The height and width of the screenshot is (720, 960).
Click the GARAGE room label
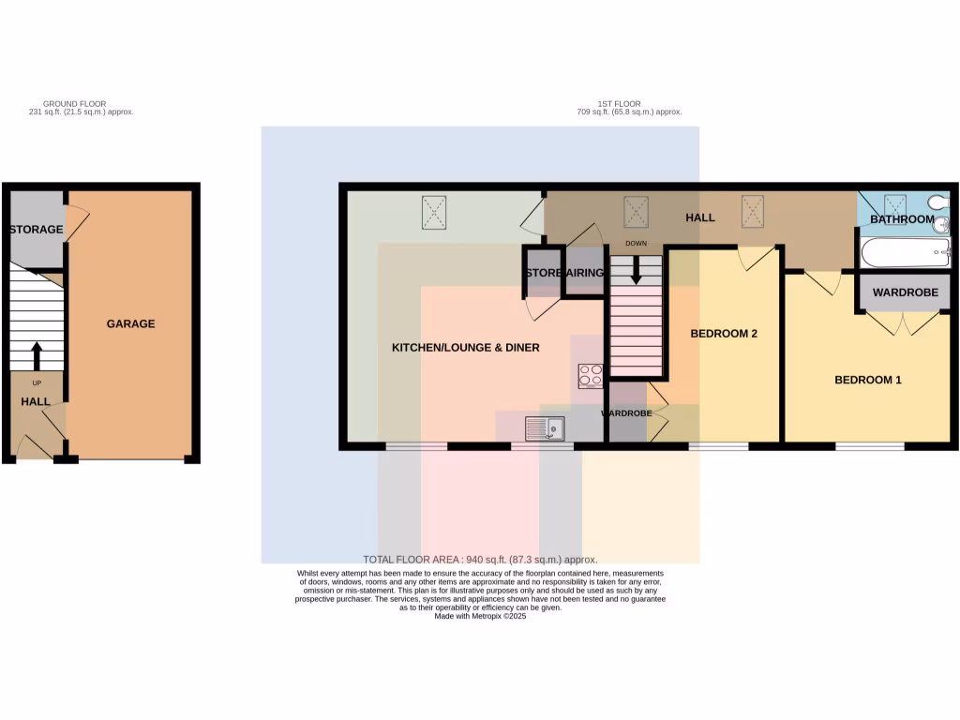point(130,323)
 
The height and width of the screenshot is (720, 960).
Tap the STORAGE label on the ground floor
point(36,230)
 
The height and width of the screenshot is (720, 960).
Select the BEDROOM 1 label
point(868,380)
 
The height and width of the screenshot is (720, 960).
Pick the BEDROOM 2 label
point(723,333)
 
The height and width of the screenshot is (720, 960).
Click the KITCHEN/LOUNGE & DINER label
point(465,348)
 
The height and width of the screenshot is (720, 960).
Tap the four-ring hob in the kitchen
point(591,375)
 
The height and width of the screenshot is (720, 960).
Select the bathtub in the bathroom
point(905,252)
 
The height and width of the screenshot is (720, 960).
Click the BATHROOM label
point(902,219)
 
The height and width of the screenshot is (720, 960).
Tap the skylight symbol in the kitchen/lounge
point(435,212)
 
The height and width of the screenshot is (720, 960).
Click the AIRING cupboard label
point(585,273)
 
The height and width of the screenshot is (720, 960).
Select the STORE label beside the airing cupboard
point(544,273)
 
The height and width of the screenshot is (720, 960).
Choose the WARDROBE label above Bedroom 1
point(905,292)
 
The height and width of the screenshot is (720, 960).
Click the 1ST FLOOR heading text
point(619,104)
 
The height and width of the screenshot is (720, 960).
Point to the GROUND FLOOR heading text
point(75,104)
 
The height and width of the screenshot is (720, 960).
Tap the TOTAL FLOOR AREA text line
point(479,560)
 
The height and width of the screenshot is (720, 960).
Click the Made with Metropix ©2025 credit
point(480,616)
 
